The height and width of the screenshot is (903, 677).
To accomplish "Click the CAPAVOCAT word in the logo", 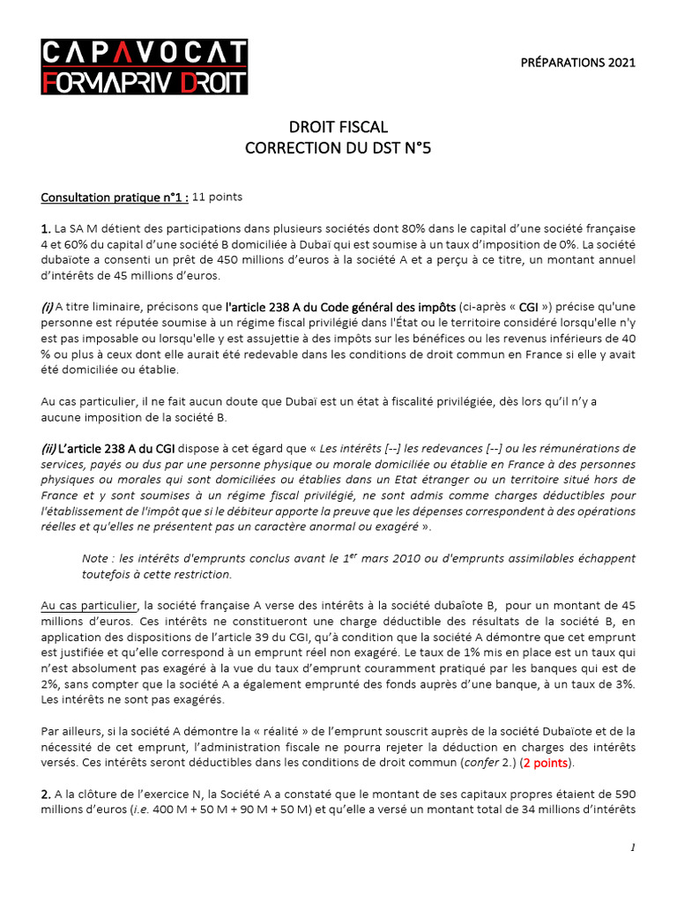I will pyautogui.click(x=145, y=53).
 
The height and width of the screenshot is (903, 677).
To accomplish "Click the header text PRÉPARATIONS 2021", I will pyautogui.click(x=584, y=63).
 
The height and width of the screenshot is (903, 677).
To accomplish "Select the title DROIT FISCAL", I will pyautogui.click(x=338, y=128).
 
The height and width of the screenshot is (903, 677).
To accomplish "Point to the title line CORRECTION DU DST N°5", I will pyautogui.click(x=338, y=148).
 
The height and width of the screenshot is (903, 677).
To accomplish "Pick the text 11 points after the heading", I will pyautogui.click(x=217, y=197).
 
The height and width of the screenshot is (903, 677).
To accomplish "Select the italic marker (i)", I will pyautogui.click(x=47, y=307).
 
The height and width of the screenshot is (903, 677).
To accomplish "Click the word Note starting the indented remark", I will pyautogui.click(x=94, y=559).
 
